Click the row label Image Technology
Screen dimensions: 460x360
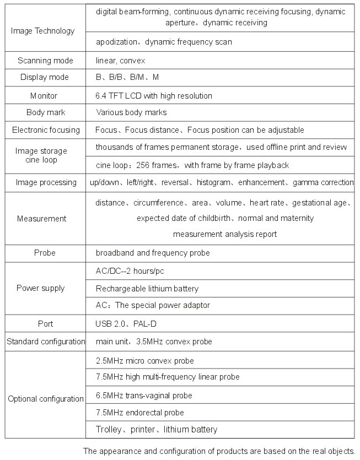pos(42,31)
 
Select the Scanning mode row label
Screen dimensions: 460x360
pos(42,60)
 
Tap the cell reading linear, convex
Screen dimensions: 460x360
pos(120,60)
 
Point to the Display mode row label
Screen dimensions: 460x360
pos(43,78)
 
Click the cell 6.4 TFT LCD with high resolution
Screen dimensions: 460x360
pos(154,95)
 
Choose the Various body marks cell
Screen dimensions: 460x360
pos(131,112)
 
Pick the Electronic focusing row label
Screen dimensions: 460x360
pos(46,130)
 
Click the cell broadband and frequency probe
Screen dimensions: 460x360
pos(153,253)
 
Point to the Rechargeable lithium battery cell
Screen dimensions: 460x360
pos(147,288)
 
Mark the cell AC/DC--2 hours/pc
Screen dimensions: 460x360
pos(129,271)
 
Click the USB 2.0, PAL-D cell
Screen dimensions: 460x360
pos(126,323)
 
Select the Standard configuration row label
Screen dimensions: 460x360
pos(46,342)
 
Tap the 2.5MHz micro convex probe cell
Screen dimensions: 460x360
pos(145,361)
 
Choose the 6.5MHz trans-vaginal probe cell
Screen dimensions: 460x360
pos(144,396)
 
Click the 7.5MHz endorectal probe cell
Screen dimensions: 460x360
pos(140,413)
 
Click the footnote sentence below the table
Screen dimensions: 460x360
pos(219,451)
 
